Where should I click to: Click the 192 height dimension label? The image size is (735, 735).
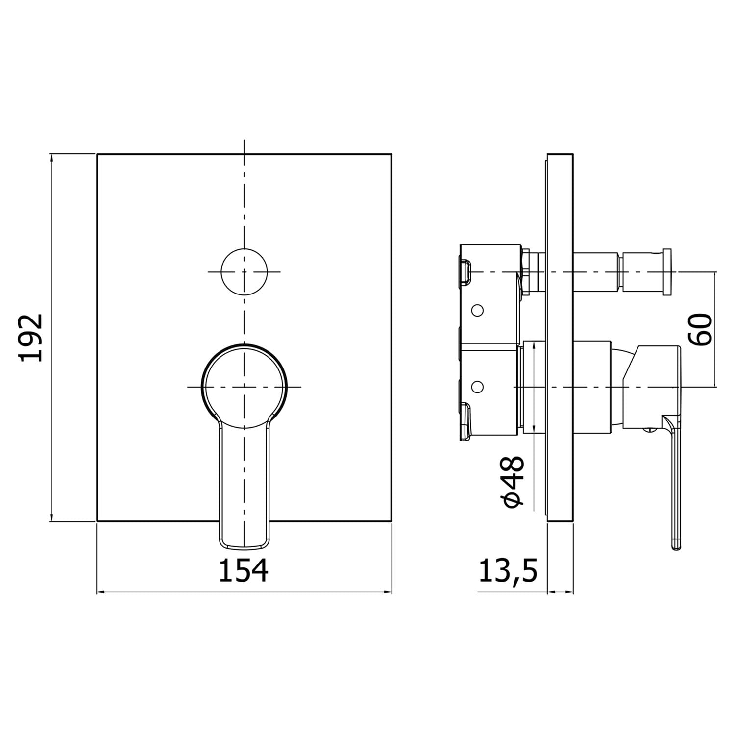point(31,338)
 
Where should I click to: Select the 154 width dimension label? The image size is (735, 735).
point(244,570)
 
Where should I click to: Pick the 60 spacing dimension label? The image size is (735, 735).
point(700,329)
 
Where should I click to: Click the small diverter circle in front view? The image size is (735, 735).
point(245,271)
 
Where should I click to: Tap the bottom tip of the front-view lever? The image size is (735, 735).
point(244,547)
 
